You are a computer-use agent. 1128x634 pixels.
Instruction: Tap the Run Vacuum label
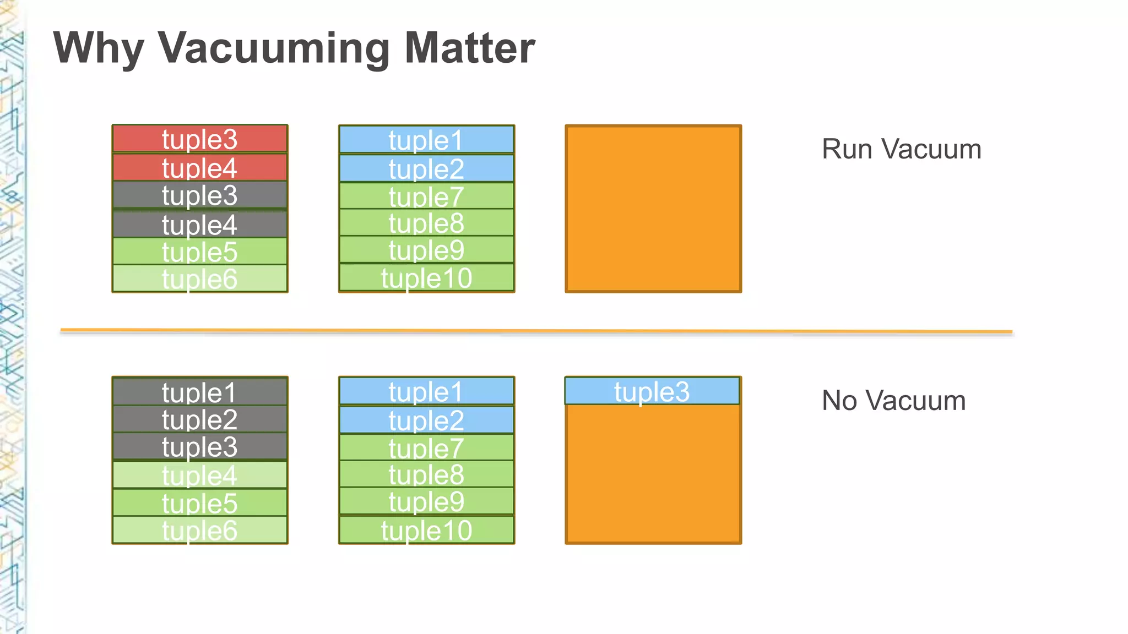pos(901,149)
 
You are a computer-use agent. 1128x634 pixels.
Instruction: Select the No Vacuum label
pos(893,401)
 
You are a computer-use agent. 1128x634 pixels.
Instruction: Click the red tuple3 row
pos(199,139)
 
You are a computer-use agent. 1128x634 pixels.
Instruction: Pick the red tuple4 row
pos(199,168)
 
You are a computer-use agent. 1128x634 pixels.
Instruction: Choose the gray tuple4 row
pos(199,225)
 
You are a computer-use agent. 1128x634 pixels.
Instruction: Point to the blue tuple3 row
pos(652,391)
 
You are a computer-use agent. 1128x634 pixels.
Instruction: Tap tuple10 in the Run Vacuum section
pos(426,278)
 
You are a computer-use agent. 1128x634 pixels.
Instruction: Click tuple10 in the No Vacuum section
pos(426,530)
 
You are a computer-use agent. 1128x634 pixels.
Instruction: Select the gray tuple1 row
pos(199,392)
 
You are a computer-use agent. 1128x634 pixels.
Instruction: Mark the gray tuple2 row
pos(199,419)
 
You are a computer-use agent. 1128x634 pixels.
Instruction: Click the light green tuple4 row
pos(199,475)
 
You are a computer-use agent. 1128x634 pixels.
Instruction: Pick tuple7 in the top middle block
pos(426,196)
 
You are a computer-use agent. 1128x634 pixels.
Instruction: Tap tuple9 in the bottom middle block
pos(426,501)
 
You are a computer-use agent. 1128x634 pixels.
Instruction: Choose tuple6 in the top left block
pos(199,279)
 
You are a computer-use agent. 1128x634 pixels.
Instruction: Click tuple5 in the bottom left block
pos(199,502)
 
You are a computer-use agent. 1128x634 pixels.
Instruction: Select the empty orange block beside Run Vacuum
pos(653,209)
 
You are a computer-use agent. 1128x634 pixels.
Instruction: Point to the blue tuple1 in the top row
pos(426,140)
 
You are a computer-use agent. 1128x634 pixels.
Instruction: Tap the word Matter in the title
pos(469,48)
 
